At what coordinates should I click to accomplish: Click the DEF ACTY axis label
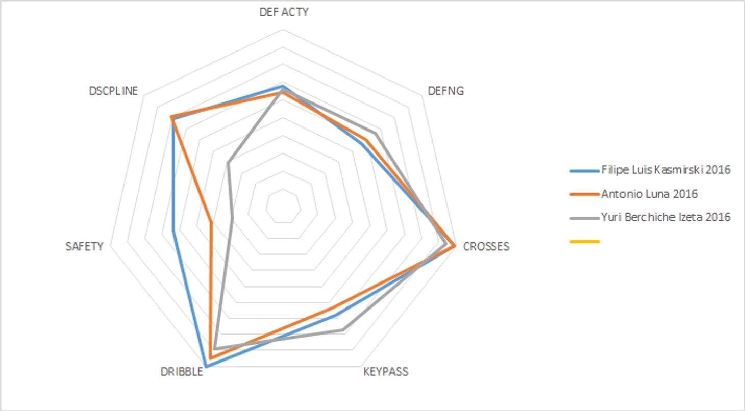[x=284, y=12]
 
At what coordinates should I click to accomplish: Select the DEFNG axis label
[x=446, y=91]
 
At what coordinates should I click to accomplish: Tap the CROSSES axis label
[x=486, y=247]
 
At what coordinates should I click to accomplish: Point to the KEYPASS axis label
[x=386, y=371]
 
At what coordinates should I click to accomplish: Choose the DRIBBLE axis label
[x=182, y=371]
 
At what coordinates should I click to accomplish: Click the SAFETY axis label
[x=84, y=247]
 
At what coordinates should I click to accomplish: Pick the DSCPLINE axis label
[x=113, y=91]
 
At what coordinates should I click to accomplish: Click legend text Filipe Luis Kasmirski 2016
[x=666, y=170]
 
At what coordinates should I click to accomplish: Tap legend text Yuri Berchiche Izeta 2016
[x=665, y=217]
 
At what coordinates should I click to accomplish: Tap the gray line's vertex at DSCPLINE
[x=228, y=163]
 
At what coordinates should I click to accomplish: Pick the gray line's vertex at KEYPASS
[x=342, y=330]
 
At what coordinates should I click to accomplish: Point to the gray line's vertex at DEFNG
[x=376, y=134]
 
